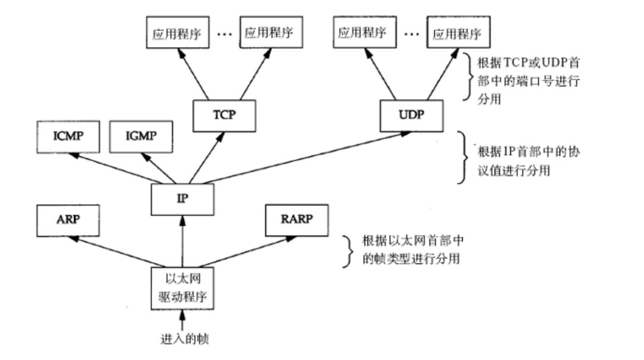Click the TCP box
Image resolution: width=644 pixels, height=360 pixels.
coord(224,115)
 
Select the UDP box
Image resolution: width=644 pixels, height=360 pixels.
coord(411,114)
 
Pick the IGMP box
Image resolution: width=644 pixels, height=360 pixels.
coord(142,136)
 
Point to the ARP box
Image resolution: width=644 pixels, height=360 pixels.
coord(68,218)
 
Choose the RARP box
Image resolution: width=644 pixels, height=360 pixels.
coord(296,218)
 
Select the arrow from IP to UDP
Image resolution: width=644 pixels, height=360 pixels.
coord(297,158)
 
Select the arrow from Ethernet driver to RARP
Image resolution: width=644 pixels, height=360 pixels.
coord(244,251)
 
